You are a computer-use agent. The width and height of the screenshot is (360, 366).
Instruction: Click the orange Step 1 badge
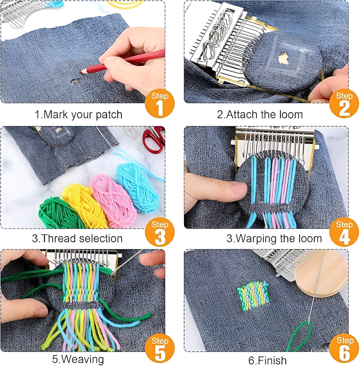point(160,104)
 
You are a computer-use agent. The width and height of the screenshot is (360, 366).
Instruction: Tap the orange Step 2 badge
point(344,104)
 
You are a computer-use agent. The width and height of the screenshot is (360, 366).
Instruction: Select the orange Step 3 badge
point(160,232)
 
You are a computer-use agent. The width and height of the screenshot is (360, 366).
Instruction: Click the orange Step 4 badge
point(344,232)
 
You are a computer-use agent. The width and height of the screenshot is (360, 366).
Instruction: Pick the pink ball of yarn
point(113,199)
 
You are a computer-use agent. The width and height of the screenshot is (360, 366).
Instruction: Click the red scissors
point(154,139)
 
